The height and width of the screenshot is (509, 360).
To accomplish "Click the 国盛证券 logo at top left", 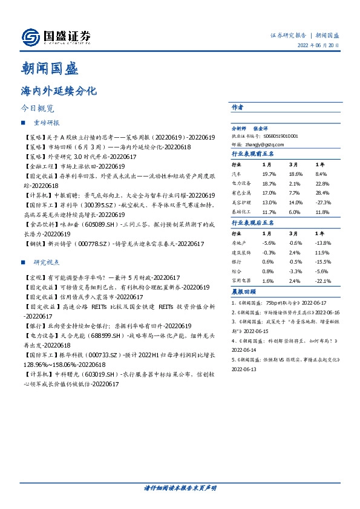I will point(56,37).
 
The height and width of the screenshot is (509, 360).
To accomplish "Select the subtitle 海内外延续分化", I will point(59,91).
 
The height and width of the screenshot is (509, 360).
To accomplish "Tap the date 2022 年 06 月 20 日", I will point(318,46).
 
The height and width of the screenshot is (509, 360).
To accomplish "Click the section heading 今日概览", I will point(37,109).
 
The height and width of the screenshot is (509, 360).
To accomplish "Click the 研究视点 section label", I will point(46,262).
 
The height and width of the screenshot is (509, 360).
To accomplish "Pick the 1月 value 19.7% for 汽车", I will point(269,173).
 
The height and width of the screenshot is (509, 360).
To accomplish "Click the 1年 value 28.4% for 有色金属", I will point(322,193).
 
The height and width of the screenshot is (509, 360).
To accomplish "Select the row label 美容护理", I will point(241,203).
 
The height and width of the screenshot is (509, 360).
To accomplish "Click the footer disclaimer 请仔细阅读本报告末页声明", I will point(180,487).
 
